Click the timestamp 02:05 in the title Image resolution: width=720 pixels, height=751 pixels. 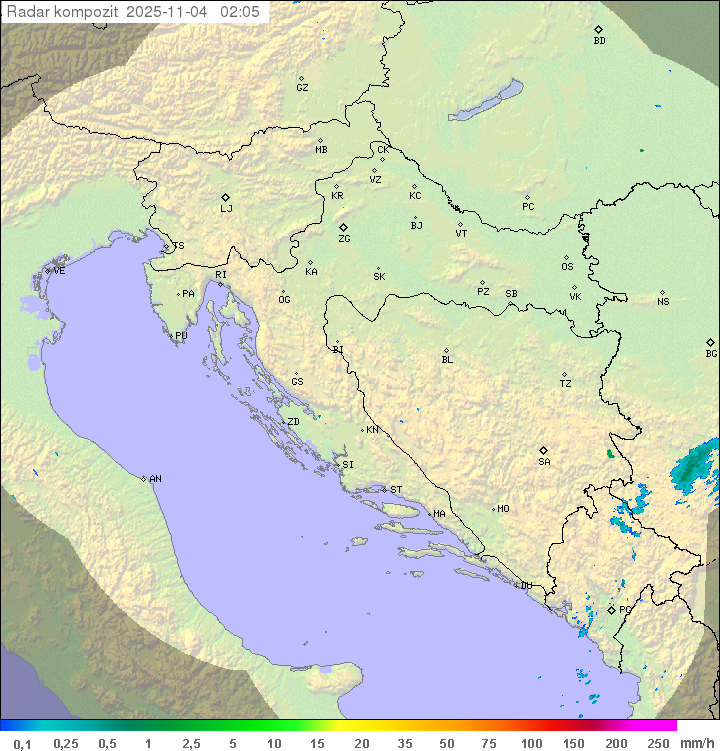(240, 11)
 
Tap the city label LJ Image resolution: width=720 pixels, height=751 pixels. (226, 209)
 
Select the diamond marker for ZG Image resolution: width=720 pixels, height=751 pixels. (343, 228)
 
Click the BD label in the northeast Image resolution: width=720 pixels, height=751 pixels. (599, 41)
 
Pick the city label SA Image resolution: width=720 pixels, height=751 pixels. (544, 462)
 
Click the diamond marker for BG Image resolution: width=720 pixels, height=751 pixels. (710, 342)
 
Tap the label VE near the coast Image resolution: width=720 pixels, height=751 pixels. (59, 271)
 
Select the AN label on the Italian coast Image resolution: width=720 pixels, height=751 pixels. (155, 479)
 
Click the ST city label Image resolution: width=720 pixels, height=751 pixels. (396, 490)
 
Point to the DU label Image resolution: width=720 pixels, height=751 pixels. (525, 586)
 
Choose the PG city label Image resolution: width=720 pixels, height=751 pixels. (625, 609)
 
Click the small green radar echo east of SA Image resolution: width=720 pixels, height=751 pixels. (610, 453)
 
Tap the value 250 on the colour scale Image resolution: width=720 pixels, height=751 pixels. (658, 743)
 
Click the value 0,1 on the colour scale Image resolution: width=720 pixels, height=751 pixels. (22, 743)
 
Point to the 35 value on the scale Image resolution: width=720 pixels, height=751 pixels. (405, 743)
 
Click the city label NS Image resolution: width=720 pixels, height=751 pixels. (663, 302)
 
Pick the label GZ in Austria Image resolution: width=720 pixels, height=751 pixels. (302, 88)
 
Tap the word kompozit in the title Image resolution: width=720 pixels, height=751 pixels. (84, 11)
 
